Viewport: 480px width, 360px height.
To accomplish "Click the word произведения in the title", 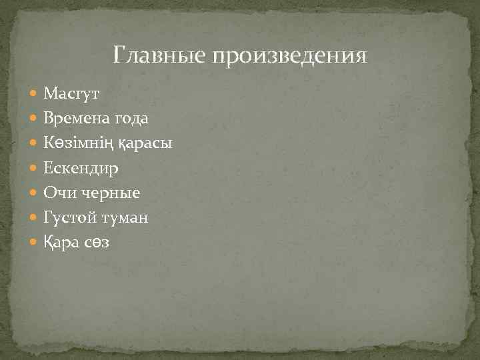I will [x=289, y=55].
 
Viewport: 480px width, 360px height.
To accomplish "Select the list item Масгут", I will [x=71, y=94].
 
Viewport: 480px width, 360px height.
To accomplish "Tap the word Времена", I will [x=75, y=119].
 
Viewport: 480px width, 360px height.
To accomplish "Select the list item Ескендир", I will [x=81, y=169].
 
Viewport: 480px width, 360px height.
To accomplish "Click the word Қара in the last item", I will [x=63, y=243].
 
